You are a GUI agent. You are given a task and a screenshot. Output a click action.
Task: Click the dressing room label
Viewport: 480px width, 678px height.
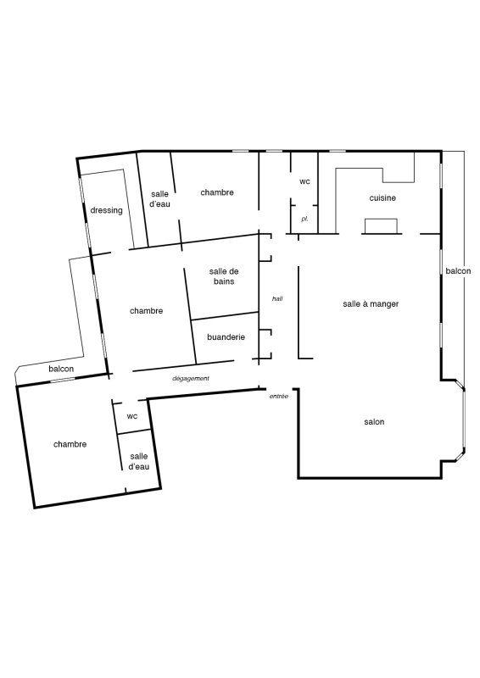pyautogui.click(x=107, y=210)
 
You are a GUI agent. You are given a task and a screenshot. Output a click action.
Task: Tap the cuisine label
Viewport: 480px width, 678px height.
pyautogui.click(x=382, y=198)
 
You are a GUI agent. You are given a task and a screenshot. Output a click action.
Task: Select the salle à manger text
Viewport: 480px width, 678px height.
pyautogui.click(x=371, y=304)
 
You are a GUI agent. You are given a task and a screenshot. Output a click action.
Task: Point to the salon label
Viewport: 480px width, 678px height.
pyautogui.click(x=374, y=422)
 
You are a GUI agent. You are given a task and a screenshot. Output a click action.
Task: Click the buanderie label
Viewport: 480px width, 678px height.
pyautogui.click(x=226, y=337)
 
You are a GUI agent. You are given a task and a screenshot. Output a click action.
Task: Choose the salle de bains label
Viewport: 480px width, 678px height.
pyautogui.click(x=224, y=276)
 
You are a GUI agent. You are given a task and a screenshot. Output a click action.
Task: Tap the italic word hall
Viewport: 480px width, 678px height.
pyautogui.click(x=277, y=299)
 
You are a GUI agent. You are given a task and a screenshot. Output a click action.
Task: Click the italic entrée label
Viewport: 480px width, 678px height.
pyautogui.click(x=279, y=396)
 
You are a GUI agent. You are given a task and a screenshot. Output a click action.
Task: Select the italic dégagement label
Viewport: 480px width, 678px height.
pyautogui.click(x=191, y=378)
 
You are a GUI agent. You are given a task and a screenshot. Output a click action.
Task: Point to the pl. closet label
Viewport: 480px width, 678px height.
pyautogui.click(x=304, y=220)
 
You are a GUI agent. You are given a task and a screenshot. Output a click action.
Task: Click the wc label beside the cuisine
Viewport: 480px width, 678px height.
pyautogui.click(x=304, y=181)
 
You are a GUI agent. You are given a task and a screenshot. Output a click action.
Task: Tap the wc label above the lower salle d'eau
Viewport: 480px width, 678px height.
pyautogui.click(x=132, y=416)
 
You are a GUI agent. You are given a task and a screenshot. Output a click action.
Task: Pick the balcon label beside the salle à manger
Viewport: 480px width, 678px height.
pyautogui.click(x=458, y=271)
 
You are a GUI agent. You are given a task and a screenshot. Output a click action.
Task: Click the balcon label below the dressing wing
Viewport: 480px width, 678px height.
pyautogui.click(x=61, y=370)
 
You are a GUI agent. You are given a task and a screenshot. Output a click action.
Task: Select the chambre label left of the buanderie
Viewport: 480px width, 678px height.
pyautogui.click(x=147, y=311)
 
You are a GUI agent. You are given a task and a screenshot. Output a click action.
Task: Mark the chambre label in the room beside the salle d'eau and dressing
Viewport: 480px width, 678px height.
pyautogui.click(x=217, y=192)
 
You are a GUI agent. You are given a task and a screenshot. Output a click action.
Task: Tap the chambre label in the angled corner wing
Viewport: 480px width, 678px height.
pyautogui.click(x=70, y=444)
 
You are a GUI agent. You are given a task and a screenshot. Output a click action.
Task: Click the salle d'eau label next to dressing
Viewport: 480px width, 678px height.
pyautogui.click(x=160, y=199)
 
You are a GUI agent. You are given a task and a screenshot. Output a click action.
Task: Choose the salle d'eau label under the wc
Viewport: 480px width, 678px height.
pyautogui.click(x=139, y=461)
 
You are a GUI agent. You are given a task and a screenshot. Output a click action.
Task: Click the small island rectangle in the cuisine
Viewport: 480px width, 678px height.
pyautogui.click(x=381, y=226)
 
